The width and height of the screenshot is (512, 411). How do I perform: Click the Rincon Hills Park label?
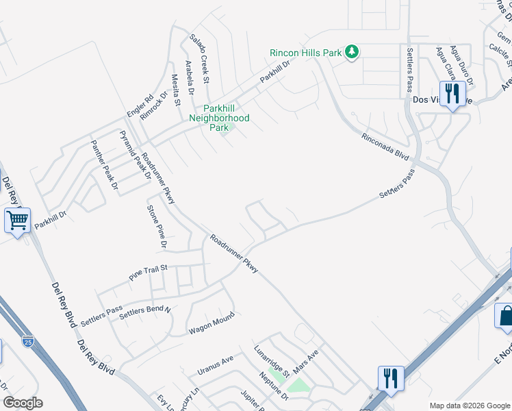(305, 52)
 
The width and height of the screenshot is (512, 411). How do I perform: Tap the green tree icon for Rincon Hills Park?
(352, 52)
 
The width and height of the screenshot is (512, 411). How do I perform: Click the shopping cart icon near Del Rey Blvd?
(16, 221)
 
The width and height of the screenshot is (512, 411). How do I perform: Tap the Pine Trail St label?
(149, 273)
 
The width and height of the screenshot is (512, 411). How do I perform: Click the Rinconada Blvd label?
(385, 147)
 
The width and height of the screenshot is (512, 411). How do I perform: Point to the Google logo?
(23, 403)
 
